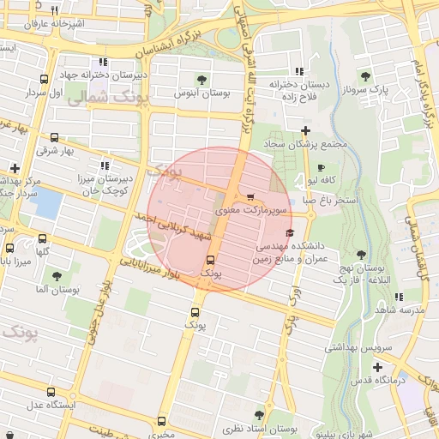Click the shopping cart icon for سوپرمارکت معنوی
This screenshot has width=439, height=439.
tap(250, 197)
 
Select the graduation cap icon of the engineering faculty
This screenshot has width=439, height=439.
tap(290, 233)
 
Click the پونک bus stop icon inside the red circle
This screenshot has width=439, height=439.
tap(210, 260)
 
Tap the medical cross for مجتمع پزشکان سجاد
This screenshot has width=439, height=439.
tap(305, 129)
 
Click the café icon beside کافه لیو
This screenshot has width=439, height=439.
tap(321, 167)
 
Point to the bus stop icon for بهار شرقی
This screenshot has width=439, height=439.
tap(55, 137)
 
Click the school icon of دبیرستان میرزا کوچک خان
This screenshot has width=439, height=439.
tap(104, 165)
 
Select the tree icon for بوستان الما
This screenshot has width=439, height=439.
tap(57, 276)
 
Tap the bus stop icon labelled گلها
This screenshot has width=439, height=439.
tap(43, 239)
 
